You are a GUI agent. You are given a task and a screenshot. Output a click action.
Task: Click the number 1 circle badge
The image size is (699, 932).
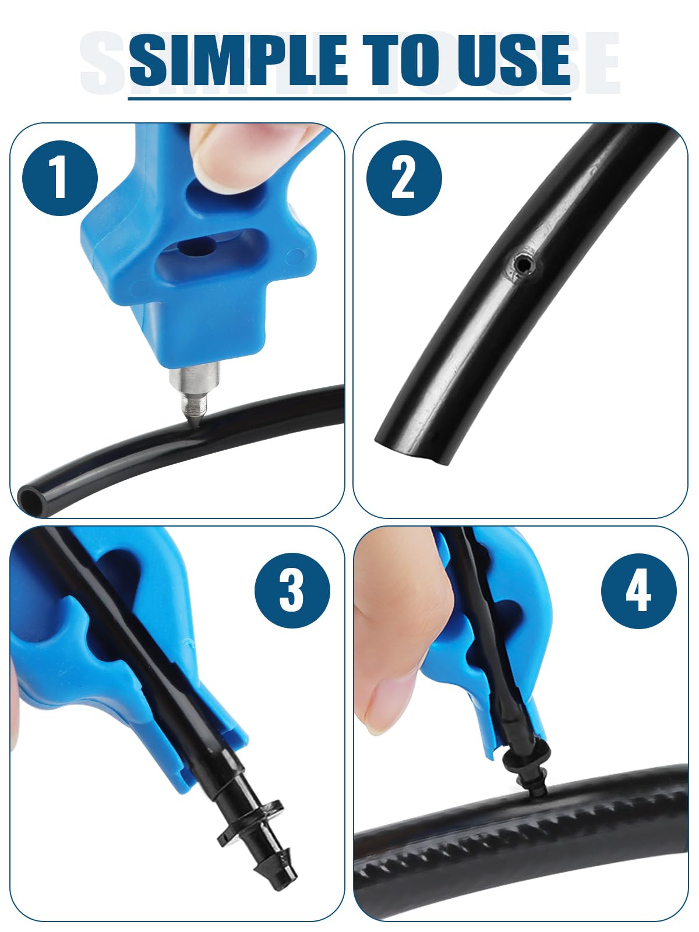point(60,178)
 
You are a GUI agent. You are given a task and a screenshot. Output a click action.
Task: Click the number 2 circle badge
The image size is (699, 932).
point(404,178)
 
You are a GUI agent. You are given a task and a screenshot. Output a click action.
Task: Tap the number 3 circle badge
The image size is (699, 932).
point(292,591)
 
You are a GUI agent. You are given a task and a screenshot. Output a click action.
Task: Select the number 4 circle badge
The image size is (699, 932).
point(638,591)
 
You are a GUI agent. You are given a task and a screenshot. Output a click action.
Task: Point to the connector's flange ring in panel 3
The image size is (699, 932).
point(250,822)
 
